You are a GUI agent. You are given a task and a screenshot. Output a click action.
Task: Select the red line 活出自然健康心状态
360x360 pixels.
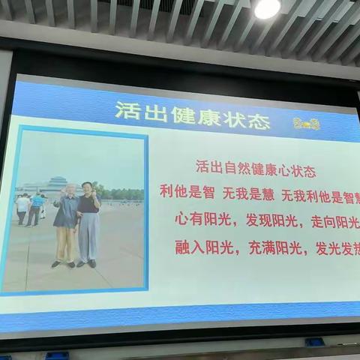[256, 169]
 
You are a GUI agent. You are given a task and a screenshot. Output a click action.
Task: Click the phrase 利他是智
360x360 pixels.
[187, 193]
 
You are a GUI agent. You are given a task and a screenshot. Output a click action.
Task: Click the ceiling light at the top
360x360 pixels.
[267, 8]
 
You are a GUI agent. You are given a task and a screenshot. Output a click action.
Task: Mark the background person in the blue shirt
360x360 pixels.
[35, 208]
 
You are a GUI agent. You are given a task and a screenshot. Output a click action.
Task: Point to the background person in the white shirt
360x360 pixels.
[22, 207]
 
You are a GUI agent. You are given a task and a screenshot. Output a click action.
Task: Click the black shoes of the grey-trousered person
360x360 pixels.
[87, 263]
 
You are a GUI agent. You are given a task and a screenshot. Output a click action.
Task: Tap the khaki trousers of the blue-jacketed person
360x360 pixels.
[65, 244]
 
